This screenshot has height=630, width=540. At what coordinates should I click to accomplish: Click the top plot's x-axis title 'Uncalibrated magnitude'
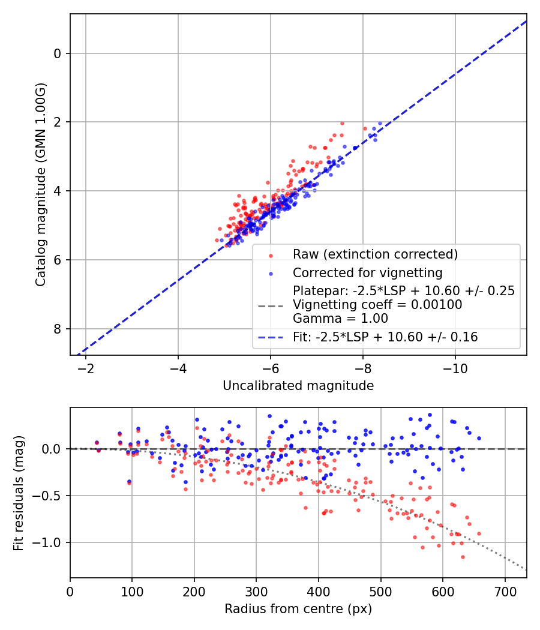tap(298, 386)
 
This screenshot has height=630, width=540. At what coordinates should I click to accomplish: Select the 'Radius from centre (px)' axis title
tap(298, 609)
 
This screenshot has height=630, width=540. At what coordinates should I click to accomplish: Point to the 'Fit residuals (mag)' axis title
tap(19, 493)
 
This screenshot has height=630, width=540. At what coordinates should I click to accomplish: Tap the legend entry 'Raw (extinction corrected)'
tap(375, 254)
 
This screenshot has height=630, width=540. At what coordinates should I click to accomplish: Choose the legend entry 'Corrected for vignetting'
tap(367, 273)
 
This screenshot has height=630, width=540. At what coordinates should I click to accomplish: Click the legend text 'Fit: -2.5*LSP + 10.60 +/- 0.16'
tap(385, 337)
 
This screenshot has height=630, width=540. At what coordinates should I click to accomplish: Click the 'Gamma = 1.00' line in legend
tap(340, 319)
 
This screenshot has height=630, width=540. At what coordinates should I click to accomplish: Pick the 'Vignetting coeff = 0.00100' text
tap(377, 305)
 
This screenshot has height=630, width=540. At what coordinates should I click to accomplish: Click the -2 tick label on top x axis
tap(86, 367)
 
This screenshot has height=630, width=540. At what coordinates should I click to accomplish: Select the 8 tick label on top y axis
tap(58, 329)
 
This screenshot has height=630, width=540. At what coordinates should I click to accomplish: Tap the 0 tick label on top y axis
tap(58, 53)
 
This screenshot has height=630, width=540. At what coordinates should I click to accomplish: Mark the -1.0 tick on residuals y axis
tap(50, 542)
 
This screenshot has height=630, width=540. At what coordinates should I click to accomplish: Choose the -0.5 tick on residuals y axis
tap(50, 496)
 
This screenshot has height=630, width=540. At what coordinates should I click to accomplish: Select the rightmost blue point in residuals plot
tap(479, 438)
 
